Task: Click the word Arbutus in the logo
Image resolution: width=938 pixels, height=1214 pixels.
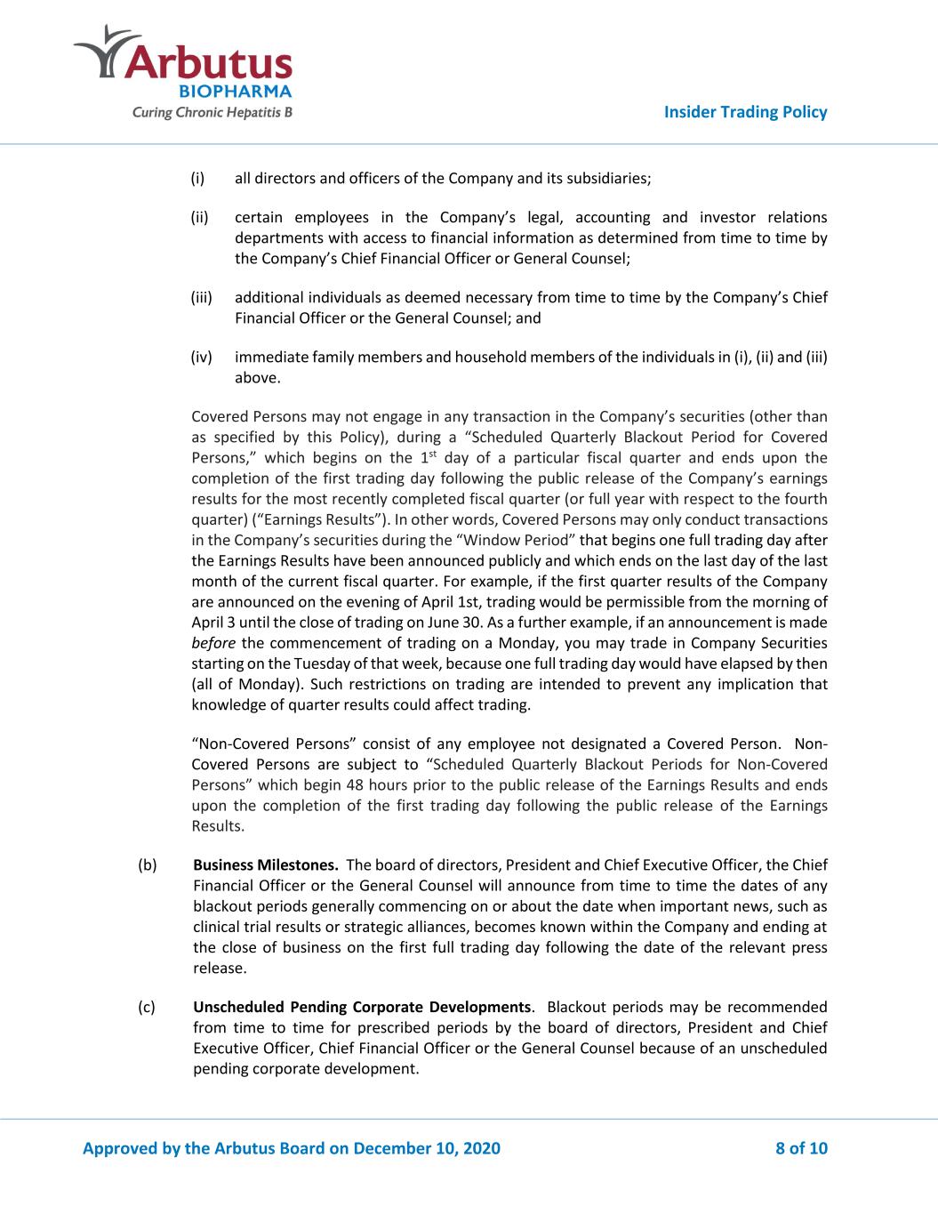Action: (x=212, y=62)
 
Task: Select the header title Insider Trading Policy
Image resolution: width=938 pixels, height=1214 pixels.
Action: (x=746, y=112)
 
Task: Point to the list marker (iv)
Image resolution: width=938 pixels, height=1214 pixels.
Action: (x=202, y=357)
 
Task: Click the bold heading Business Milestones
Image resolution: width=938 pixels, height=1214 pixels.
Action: (x=265, y=864)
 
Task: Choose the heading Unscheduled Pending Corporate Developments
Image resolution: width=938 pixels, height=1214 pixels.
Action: (x=362, y=1007)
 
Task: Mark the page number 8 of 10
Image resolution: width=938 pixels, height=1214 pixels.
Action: (x=801, y=1148)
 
